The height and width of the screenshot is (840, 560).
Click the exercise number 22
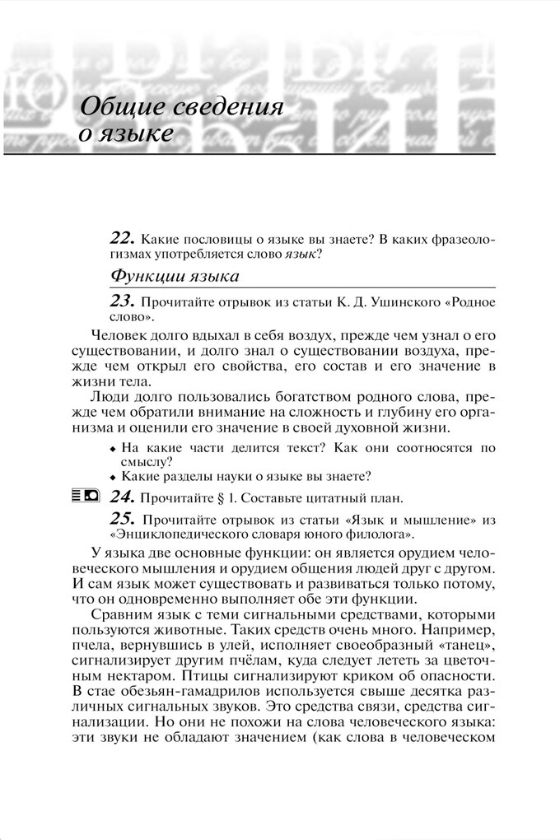pyautogui.click(x=121, y=238)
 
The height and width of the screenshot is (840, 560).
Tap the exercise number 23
pyautogui.click(x=121, y=301)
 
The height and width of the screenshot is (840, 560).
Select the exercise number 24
pyautogui.click(x=121, y=497)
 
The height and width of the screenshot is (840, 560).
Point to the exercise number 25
pyautogui.click(x=121, y=519)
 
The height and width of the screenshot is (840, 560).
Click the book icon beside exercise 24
pyautogui.click(x=92, y=496)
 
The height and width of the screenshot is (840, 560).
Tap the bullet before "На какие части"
pyautogui.click(x=112, y=450)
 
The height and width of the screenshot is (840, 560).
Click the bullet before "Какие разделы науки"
pyautogui.click(x=112, y=477)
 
